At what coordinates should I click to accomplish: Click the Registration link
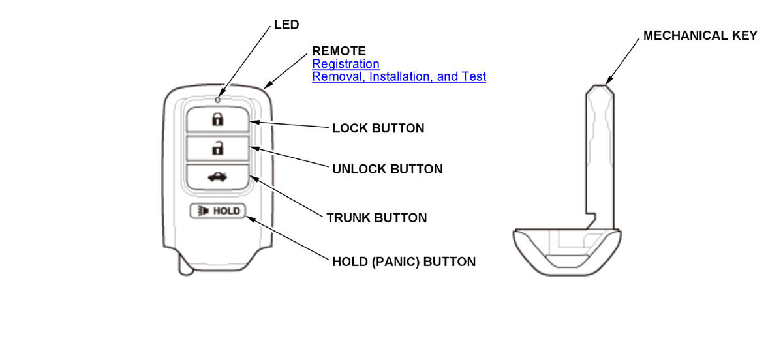(345, 64)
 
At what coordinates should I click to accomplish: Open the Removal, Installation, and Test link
(399, 76)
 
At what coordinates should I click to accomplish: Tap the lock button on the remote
(217, 119)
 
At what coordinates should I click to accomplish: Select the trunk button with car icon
(217, 177)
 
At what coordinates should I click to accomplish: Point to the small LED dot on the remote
(217, 100)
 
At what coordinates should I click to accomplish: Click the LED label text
(286, 25)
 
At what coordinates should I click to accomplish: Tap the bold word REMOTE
(339, 50)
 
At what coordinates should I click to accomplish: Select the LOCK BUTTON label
(378, 128)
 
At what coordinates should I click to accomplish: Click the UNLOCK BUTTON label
(387, 169)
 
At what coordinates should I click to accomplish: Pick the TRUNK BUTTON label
(376, 218)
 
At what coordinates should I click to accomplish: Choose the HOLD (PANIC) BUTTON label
(403, 262)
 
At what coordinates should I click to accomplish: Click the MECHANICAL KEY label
(700, 36)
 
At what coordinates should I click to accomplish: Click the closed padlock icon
(217, 119)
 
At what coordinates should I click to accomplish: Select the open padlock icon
(217, 148)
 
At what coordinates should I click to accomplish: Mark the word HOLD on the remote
(226, 211)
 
